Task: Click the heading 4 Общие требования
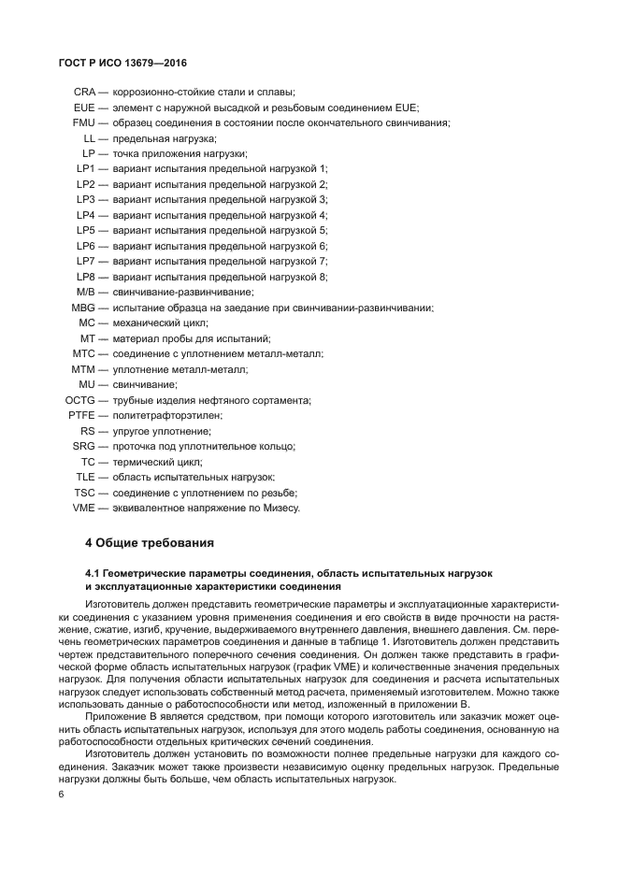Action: tap(150, 542)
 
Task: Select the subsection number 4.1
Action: tap(94, 571)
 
